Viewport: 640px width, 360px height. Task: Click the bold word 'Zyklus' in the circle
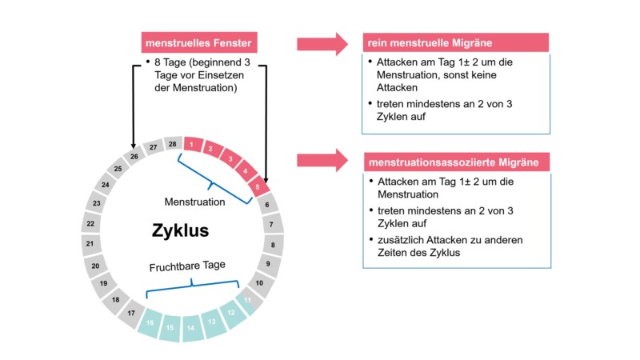180,231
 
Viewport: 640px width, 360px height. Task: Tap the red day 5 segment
258,189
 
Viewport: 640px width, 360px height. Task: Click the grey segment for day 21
90,243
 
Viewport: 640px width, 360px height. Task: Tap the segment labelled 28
173,143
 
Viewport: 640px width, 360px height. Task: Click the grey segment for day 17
130,314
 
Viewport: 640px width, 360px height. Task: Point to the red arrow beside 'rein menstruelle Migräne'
322,43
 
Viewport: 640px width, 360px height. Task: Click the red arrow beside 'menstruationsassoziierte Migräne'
322,159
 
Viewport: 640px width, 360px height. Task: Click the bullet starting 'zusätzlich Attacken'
456,246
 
